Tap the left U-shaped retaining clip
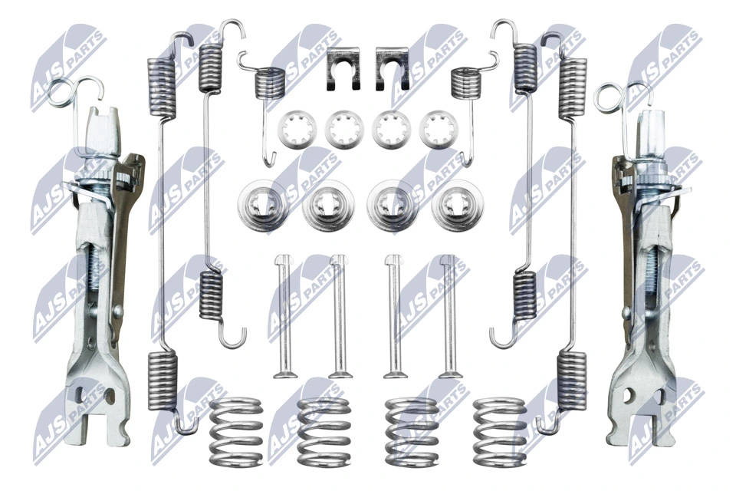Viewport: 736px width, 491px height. point(343,69)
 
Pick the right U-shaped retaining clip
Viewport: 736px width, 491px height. point(393,69)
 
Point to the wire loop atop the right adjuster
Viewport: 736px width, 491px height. point(613,97)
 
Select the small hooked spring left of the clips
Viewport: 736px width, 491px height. point(268,84)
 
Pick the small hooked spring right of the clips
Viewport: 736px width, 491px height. point(464,83)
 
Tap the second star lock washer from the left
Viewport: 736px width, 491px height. point(343,128)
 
